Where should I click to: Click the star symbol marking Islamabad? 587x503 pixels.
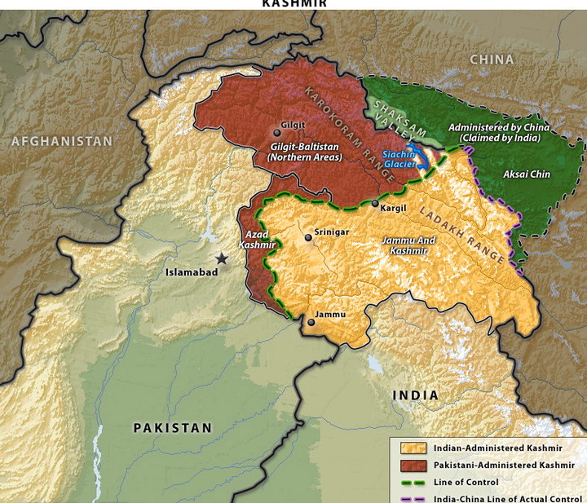pyautogui.click(x=221, y=258)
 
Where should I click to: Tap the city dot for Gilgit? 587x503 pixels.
pyautogui.click(x=276, y=132)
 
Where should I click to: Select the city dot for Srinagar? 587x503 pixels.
pyautogui.click(x=308, y=237)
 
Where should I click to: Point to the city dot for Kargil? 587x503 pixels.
pyautogui.click(x=375, y=203)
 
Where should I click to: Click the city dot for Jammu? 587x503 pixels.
pyautogui.click(x=311, y=323)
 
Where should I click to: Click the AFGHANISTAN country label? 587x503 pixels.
pyautogui.click(x=61, y=141)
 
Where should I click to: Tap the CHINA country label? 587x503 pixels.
pyautogui.click(x=492, y=60)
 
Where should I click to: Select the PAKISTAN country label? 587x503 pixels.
pyautogui.click(x=173, y=427)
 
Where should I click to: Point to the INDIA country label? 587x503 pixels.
pyautogui.click(x=415, y=395)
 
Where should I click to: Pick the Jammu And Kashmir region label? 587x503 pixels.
pyautogui.click(x=408, y=245)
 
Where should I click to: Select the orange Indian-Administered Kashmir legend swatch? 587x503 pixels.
pyautogui.click(x=408, y=448)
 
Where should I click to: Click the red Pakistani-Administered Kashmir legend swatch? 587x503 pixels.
pyautogui.click(x=408, y=465)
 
